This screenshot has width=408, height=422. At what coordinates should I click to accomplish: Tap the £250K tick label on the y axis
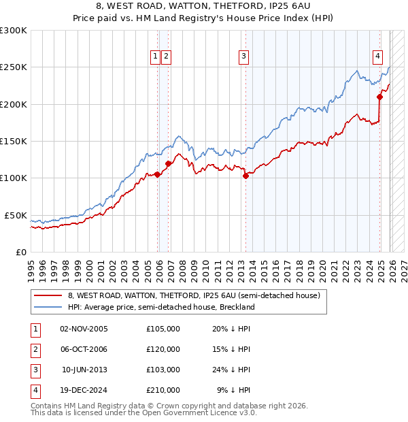(14, 67)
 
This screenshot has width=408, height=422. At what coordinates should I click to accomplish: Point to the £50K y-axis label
(16, 215)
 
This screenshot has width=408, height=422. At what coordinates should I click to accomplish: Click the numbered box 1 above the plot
(156, 57)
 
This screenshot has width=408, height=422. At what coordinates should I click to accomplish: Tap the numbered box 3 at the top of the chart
(243, 57)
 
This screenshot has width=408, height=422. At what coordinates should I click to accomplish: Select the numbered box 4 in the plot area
(377, 57)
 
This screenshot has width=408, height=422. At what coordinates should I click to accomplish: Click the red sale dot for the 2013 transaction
(245, 176)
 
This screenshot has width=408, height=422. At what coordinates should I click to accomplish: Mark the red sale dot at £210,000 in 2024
(379, 97)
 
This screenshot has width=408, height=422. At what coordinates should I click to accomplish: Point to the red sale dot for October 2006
(168, 163)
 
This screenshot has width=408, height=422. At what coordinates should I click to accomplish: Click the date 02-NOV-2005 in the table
(84, 329)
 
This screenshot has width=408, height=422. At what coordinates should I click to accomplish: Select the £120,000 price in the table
(163, 349)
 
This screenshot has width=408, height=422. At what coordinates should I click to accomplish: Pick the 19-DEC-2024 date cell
(84, 390)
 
